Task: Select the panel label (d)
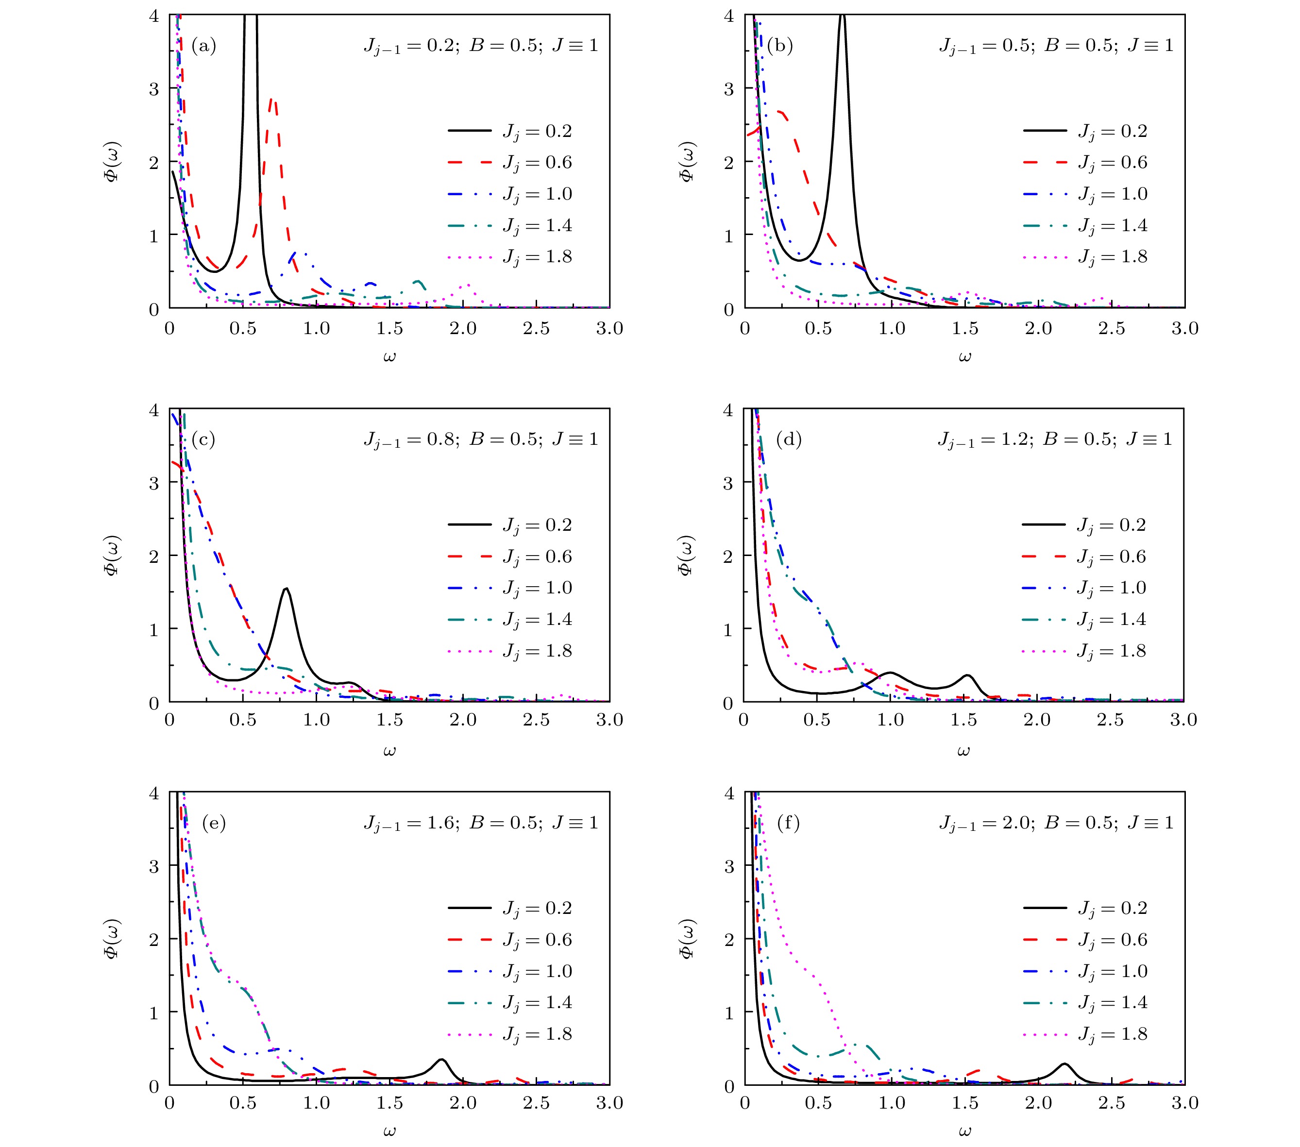pyautogui.click(x=789, y=439)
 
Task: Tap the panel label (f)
pyautogui.click(x=788, y=823)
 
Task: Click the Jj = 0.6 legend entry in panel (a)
pyautogui.click(x=509, y=163)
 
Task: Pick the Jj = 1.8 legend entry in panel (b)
pyautogui.click(x=1085, y=257)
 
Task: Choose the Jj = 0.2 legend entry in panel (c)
pyautogui.click(x=509, y=525)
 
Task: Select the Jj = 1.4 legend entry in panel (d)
pyautogui.click(x=1084, y=620)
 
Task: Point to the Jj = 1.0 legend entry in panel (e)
pyautogui.click(x=509, y=971)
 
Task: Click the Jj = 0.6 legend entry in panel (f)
pyautogui.click(x=1085, y=940)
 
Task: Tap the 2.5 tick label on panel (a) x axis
pyautogui.click(x=536, y=328)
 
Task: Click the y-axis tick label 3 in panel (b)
pyautogui.click(x=729, y=88)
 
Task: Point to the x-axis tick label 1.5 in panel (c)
pyautogui.click(x=389, y=720)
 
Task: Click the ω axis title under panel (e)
pyautogui.click(x=389, y=1130)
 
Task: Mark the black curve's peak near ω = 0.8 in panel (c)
pyautogui.click(x=286, y=589)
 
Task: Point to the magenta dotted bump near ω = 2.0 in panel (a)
pyautogui.click(x=468, y=285)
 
